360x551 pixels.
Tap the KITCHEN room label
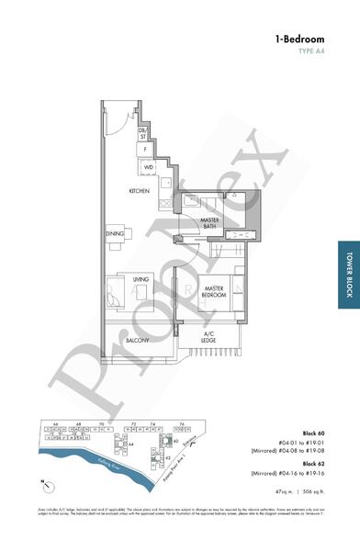tap(139, 190)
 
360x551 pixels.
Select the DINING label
tap(114, 234)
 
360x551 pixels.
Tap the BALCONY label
tap(137, 340)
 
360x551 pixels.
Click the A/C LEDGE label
tap(209, 336)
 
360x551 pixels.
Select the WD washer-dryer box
tap(148, 167)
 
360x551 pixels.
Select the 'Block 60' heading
tap(315, 432)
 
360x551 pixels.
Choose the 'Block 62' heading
tap(315, 462)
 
